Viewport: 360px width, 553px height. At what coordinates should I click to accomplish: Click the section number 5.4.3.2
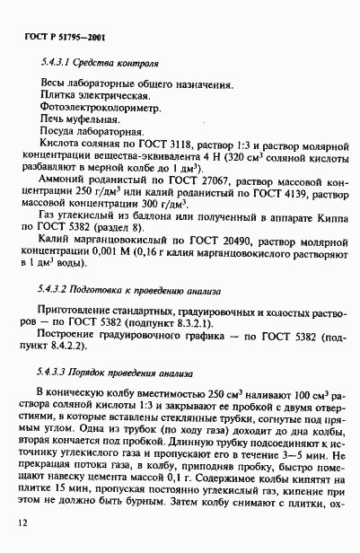coord(57,293)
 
